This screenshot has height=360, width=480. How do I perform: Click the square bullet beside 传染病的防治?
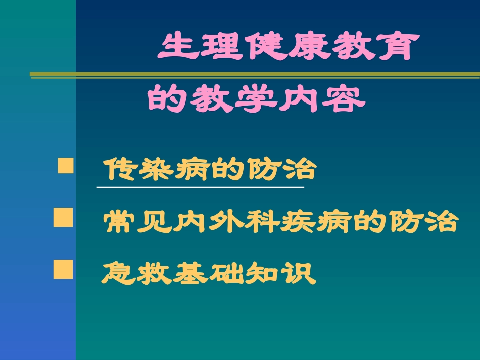point(65,166)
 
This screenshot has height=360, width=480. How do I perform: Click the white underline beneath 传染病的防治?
point(200,187)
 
